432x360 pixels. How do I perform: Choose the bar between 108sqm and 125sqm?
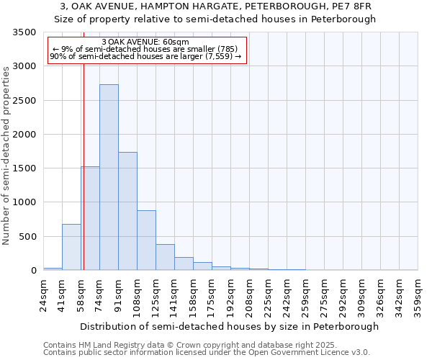pyautogui.click(x=146, y=240)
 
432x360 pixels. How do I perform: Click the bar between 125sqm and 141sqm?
pyautogui.click(x=165, y=257)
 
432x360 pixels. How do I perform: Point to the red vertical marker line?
pyautogui.click(x=84, y=151)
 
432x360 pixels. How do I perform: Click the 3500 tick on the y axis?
pyautogui.click(x=24, y=33)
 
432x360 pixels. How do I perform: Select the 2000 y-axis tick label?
pyautogui.click(x=24, y=135)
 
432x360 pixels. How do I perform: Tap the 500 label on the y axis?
pyautogui.click(x=27, y=237)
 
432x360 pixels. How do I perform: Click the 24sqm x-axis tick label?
pyautogui.click(x=44, y=297)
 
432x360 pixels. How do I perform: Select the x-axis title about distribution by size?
pyautogui.click(x=229, y=326)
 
